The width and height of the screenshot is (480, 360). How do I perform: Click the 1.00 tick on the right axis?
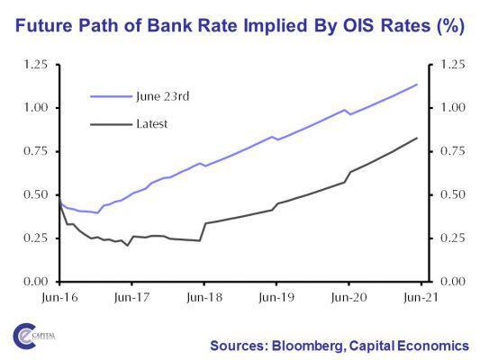pyautogui.click(x=448, y=108)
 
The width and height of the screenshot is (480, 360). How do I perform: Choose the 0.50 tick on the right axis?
pyautogui.click(x=448, y=194)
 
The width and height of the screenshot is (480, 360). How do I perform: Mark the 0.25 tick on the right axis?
pyautogui.click(x=448, y=238)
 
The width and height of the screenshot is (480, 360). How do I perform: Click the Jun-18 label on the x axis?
pyautogui.click(x=204, y=295)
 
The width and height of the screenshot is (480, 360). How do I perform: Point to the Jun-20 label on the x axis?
pyautogui.click(x=349, y=295)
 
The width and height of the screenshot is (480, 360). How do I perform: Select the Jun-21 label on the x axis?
pyautogui.click(x=420, y=295)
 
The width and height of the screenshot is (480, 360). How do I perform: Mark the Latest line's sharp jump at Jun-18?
pyautogui.click(x=204, y=231)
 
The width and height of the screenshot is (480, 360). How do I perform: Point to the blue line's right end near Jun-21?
pyautogui.click(x=417, y=85)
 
